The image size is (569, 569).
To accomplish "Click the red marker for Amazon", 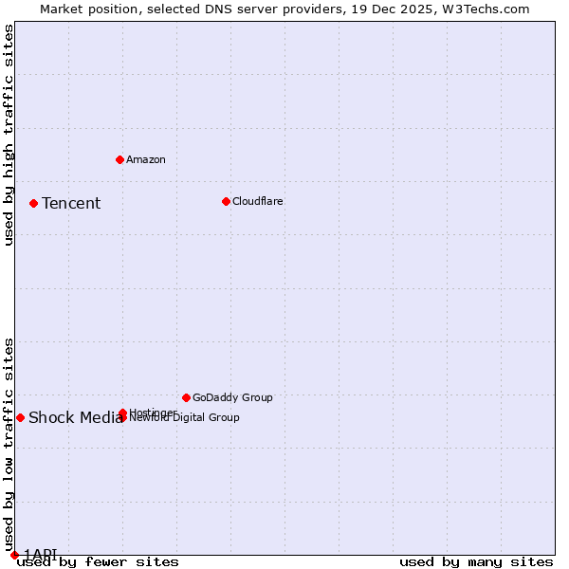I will click(x=119, y=159).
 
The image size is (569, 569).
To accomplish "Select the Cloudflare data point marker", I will click(x=226, y=201).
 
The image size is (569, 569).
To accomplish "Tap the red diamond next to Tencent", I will click(x=33, y=203).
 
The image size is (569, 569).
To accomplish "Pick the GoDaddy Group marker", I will click(x=186, y=397).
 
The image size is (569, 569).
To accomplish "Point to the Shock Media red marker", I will click(x=20, y=417).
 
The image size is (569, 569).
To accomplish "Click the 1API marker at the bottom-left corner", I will click(x=14, y=555).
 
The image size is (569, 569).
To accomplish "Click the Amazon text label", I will click(x=145, y=159).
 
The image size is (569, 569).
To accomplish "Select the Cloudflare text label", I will click(x=257, y=201).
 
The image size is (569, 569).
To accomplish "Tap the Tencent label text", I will click(x=71, y=203).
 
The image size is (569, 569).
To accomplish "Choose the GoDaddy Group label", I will click(x=231, y=397).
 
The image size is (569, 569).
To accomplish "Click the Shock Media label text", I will click(x=75, y=417).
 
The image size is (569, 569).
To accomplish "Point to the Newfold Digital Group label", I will click(x=184, y=418).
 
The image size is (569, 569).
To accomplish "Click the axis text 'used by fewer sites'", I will click(x=98, y=561).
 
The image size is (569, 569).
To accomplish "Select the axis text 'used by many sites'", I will click(x=476, y=561).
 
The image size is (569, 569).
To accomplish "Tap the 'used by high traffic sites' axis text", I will click(x=9, y=135).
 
